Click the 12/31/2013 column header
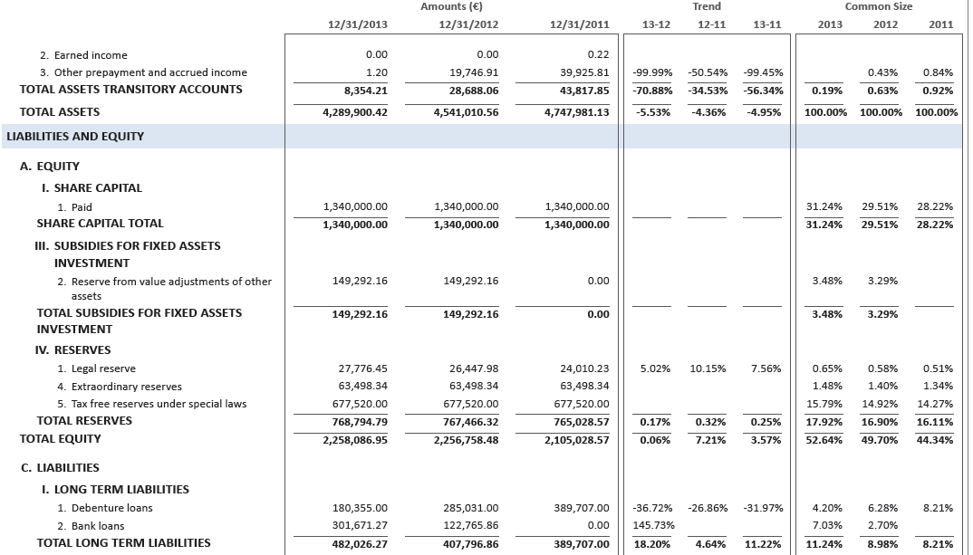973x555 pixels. pyautogui.click(x=355, y=24)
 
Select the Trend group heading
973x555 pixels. pyautogui.click(x=707, y=6)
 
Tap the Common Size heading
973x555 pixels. pyautogui.click(x=879, y=6)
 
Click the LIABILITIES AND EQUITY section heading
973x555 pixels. pyautogui.click(x=75, y=137)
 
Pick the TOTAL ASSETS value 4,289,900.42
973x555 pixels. pyautogui.click(x=355, y=112)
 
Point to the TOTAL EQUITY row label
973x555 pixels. pyautogui.click(x=61, y=439)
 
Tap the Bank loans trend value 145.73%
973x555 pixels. pyautogui.click(x=652, y=526)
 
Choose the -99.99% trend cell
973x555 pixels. pyautogui.click(x=652, y=72)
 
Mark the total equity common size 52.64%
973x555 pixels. pyautogui.click(x=827, y=439)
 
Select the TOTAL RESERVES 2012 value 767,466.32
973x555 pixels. pyautogui.click(x=467, y=421)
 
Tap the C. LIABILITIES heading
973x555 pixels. pyautogui.click(x=60, y=468)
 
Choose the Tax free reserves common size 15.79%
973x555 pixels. pyautogui.click(x=827, y=404)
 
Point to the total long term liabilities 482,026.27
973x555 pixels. pyautogui.click(x=355, y=543)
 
